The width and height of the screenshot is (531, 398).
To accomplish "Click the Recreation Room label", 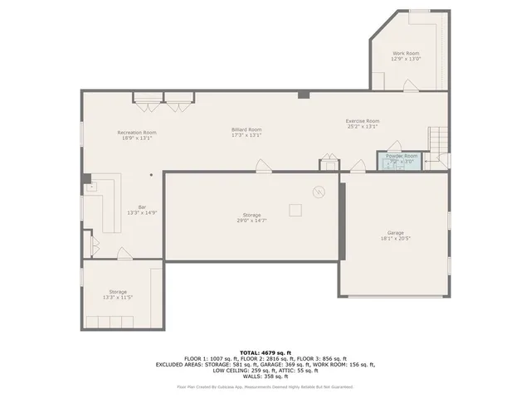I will coord(137,133).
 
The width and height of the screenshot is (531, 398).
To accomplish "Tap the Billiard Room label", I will coord(246,129).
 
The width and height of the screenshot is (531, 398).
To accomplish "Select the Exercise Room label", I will coord(363,121).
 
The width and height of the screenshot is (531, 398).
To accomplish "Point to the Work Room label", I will coord(406,53).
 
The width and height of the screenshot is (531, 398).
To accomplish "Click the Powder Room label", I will coord(402,156).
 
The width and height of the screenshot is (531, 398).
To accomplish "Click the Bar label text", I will coord(142,207).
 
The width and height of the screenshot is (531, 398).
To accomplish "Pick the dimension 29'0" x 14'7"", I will coord(251,221).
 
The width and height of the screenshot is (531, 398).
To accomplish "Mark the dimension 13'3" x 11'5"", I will coord(117,297).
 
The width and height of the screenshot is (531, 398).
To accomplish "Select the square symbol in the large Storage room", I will coord(295,209).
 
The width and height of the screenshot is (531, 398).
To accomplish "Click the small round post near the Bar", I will coord(151,175).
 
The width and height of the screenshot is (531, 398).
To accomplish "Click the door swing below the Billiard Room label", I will coord(264,165).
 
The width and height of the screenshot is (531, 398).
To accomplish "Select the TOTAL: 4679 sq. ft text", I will coord(265,352).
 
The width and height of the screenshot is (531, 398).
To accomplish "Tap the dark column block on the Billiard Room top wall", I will coord(304,95).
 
